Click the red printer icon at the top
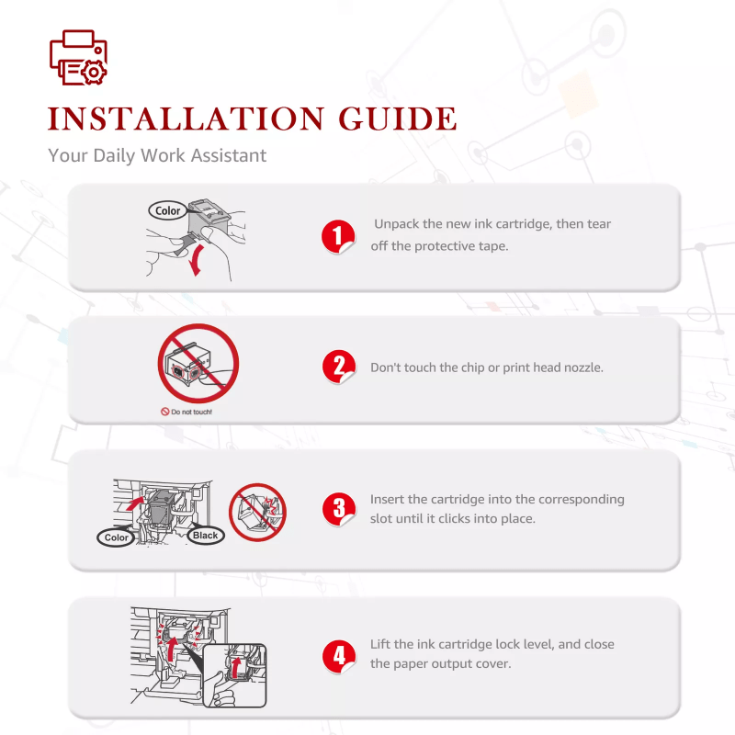click(78, 58)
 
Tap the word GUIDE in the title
click(398, 119)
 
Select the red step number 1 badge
click(338, 236)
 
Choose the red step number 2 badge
click(339, 367)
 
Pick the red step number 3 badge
click(339, 509)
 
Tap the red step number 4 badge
click(339, 656)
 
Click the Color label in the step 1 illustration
click(167, 211)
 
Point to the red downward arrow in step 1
click(197, 260)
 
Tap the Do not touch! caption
click(187, 412)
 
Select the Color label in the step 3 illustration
click(116, 537)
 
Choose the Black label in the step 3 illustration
click(205, 536)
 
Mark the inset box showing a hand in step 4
click(235, 675)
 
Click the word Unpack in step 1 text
click(396, 224)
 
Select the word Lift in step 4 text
click(379, 644)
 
